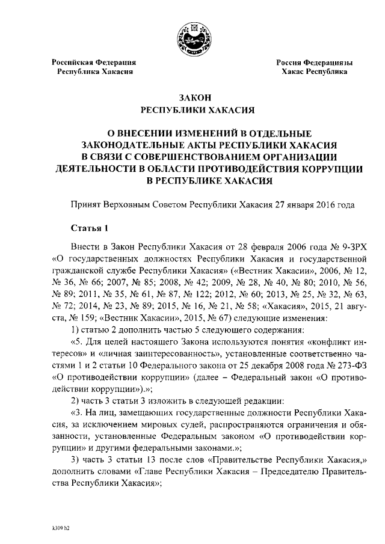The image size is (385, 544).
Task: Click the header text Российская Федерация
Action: (93, 62)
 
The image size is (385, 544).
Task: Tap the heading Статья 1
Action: (90, 228)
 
